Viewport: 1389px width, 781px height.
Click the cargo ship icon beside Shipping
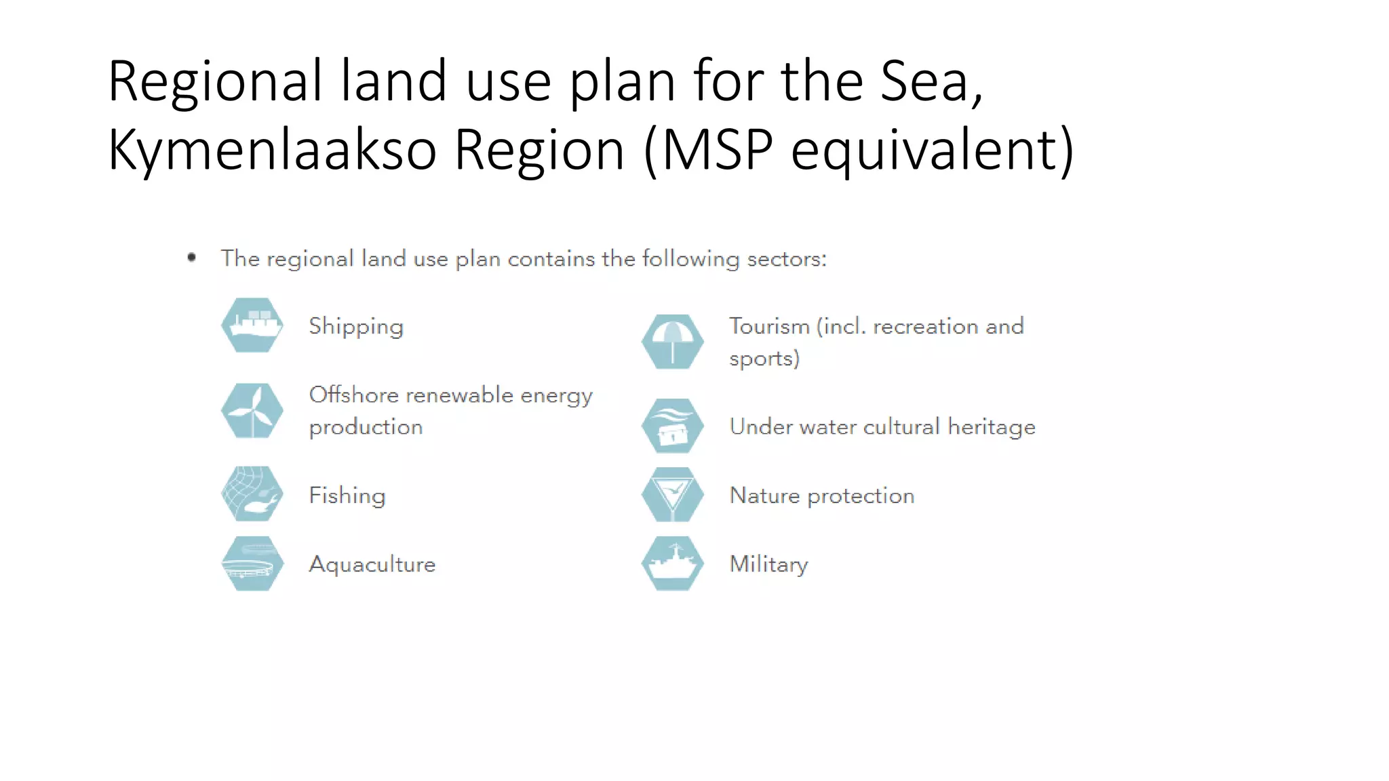click(x=252, y=325)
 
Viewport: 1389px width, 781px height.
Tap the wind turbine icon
click(x=252, y=411)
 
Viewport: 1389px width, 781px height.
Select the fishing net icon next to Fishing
click(x=252, y=494)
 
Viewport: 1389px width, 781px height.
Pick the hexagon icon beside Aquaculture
click(x=252, y=563)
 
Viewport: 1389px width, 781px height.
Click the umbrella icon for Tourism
click(x=672, y=342)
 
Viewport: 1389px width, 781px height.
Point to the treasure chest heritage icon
click(x=672, y=426)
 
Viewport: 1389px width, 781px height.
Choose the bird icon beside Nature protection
click(x=672, y=494)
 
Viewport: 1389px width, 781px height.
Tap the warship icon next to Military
click(x=672, y=563)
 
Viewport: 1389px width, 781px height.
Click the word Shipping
click(x=356, y=327)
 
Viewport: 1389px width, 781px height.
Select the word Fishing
click(x=347, y=496)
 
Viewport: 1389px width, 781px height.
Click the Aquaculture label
click(x=372, y=564)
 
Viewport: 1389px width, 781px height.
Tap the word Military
click(x=768, y=564)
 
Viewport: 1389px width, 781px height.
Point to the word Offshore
click(x=353, y=395)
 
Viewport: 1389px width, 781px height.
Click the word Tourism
click(x=769, y=326)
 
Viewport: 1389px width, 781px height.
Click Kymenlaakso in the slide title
click(x=272, y=150)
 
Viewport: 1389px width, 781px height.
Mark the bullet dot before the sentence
click(x=192, y=257)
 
